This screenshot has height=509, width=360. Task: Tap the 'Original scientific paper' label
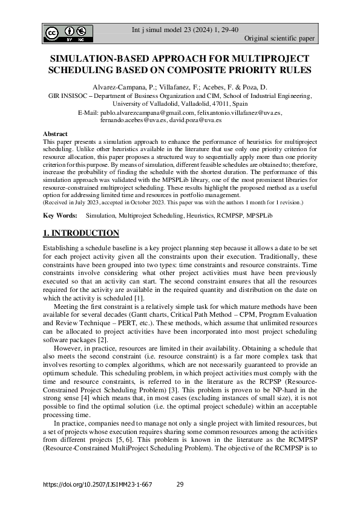pyautogui.click(x=279, y=39)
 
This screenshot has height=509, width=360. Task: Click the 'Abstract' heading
pyautogui.click(x=55, y=134)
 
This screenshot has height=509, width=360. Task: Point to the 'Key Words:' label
pyautogui.click(x=60, y=215)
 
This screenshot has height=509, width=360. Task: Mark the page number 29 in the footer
pyautogui.click(x=180, y=485)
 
